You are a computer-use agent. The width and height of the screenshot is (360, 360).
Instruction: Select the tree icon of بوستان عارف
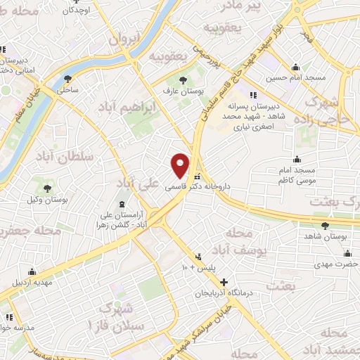184,80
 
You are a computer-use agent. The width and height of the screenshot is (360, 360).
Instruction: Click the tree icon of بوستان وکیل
47,188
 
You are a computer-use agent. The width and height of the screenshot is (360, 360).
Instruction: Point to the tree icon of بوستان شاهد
324,226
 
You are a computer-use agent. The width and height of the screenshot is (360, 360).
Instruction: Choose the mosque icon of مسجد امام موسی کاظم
299,158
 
